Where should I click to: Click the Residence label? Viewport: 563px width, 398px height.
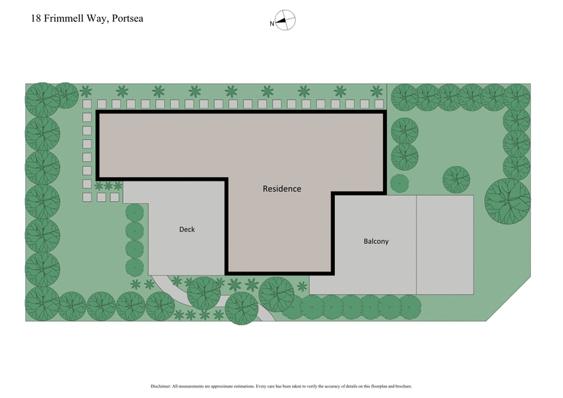tap(281, 188)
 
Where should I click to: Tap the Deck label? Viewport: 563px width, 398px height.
tap(186, 229)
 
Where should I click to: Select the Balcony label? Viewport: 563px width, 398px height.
tap(376, 241)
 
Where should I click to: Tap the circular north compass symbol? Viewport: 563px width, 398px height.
tap(285, 21)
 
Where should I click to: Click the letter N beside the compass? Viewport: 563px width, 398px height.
tap(272, 24)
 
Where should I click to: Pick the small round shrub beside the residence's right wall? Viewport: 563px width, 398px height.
tap(400, 183)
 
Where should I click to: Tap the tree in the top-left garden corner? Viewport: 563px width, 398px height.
tap(42, 99)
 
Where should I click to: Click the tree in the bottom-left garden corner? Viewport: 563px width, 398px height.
tap(42, 303)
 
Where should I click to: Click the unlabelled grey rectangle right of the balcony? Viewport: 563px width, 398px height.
tap(445, 244)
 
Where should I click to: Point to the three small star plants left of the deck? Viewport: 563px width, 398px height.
tap(108, 186)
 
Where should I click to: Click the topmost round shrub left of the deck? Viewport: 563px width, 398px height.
tap(134, 213)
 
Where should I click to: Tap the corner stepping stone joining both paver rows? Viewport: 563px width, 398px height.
tap(87, 104)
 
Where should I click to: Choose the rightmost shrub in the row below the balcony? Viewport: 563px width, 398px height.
tap(409, 306)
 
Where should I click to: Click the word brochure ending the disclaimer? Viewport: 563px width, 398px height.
tap(404, 386)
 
